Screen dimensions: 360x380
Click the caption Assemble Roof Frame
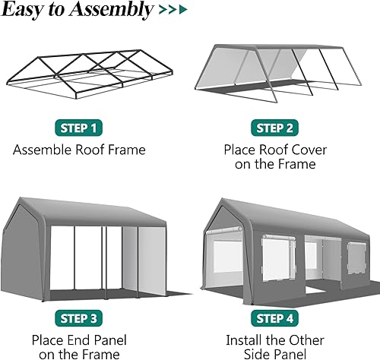[x=79, y=150]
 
